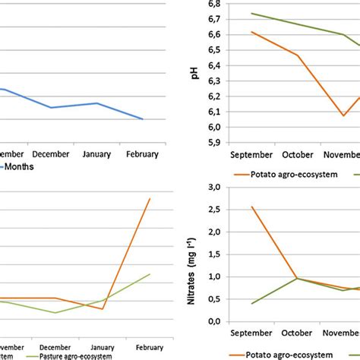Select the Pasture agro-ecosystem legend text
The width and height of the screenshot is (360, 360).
[x=69, y=355]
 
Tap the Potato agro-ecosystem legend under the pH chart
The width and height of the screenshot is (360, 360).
[x=292, y=173]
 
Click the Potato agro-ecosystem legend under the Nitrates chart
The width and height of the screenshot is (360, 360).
[x=292, y=353]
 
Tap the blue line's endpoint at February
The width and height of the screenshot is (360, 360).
[x=141, y=119]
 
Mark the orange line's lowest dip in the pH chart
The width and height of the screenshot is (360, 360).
[x=343, y=115]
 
